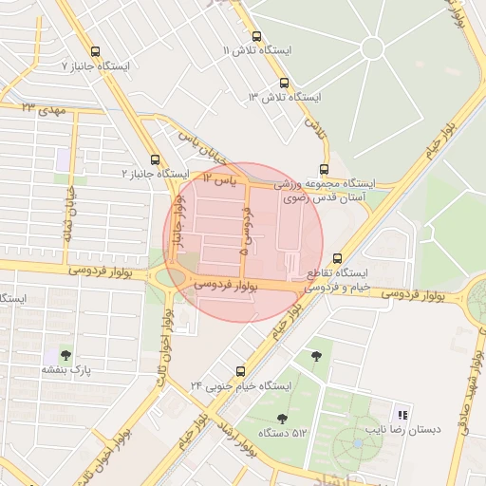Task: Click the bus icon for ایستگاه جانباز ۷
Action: pos(94,51)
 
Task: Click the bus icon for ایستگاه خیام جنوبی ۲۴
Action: pos(239,370)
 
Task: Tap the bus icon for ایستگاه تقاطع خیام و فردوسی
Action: pos(338,258)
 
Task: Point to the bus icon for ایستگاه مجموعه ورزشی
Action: pos(325,169)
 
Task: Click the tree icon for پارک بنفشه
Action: pos(65,354)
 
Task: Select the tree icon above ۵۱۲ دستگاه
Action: pos(281,418)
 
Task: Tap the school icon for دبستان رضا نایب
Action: pos(402,415)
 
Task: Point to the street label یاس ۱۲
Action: pos(218,178)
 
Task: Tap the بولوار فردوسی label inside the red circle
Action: pos(226,284)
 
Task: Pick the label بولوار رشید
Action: pos(238,442)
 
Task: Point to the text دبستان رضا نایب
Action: pos(410,429)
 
